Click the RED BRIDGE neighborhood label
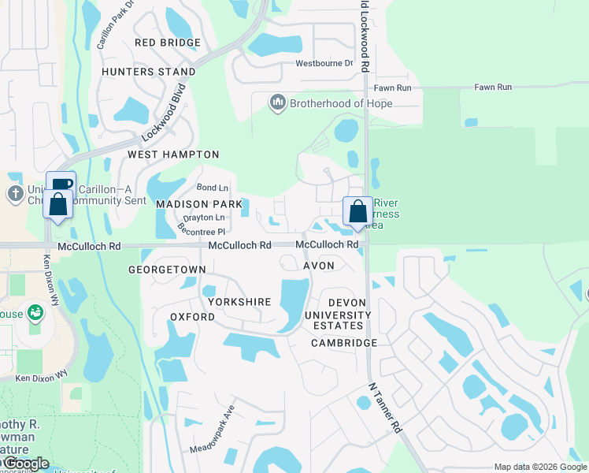[168, 43]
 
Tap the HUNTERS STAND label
[149, 72]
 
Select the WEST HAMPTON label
[173, 155]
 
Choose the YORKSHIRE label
[239, 302]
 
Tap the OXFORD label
[192, 316]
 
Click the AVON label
[319, 266]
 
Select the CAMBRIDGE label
[343, 343]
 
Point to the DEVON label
[347, 303]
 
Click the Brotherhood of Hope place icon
[277, 103]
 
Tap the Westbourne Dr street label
[324, 64]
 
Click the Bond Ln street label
[212, 188]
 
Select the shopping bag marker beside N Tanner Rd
[357, 212]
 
